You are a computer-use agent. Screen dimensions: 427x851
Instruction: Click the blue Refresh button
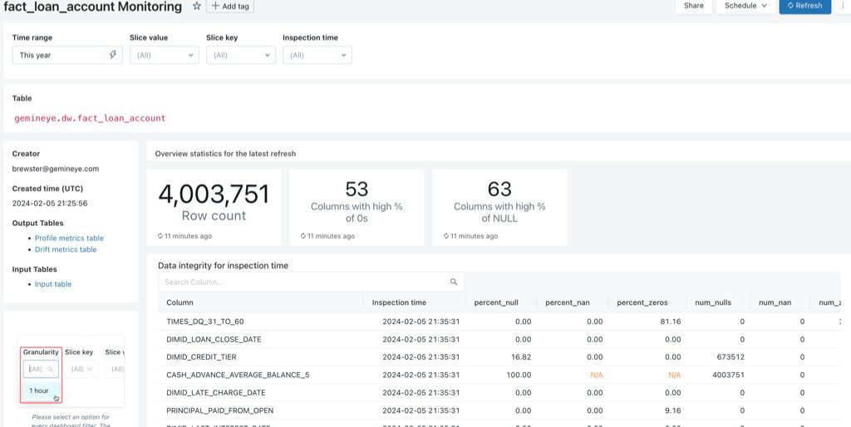[x=804, y=6]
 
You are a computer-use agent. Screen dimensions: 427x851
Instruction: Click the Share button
[x=693, y=6]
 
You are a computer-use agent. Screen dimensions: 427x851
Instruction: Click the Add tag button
[x=230, y=7]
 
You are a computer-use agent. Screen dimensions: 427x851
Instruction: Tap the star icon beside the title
[x=197, y=6]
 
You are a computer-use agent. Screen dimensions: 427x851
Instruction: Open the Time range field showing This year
[x=61, y=55]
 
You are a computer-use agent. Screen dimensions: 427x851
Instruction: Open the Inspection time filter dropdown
[x=317, y=55]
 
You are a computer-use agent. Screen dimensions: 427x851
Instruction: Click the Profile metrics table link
[x=69, y=238]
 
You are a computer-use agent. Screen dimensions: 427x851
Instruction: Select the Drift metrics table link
[x=66, y=249]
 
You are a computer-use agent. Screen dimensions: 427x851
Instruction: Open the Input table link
[x=53, y=284]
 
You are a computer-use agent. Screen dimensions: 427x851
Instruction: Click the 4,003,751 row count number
[x=214, y=194]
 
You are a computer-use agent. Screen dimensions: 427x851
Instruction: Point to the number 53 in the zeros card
[x=357, y=189]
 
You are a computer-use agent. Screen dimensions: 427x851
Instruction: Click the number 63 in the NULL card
[x=499, y=189]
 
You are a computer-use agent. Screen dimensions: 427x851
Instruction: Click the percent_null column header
[x=495, y=302]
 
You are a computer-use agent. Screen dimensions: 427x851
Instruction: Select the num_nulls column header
[x=713, y=302]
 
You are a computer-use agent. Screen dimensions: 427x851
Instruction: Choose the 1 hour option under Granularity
[x=39, y=390]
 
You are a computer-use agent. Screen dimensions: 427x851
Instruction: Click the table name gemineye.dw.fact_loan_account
[x=90, y=118]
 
